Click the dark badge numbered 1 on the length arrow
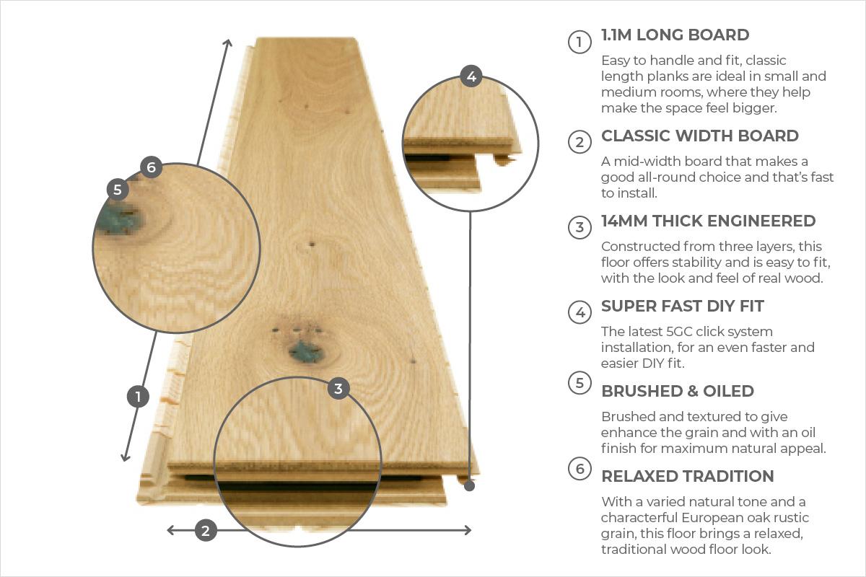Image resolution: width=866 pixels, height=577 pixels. (138, 396)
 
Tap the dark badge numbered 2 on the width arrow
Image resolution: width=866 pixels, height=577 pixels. (206, 530)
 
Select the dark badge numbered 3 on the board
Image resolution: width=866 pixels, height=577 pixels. (338, 389)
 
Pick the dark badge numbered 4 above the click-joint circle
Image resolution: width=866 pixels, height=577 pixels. (471, 76)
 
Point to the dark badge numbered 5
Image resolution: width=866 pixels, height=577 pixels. (118, 190)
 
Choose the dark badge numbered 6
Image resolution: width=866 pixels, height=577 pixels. (151, 167)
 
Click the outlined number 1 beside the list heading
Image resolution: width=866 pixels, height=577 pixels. (579, 42)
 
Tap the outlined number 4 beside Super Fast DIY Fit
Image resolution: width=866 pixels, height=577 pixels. (579, 312)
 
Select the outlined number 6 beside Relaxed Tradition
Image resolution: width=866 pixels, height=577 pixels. (579, 468)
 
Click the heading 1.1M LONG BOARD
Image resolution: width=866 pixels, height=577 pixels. (675, 35)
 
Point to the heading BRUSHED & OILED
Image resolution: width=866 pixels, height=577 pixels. (678, 391)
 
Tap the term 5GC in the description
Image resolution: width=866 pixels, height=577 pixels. (681, 331)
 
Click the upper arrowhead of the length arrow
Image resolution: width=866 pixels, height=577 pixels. (229, 43)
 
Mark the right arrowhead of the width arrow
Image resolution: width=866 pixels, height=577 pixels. (468, 530)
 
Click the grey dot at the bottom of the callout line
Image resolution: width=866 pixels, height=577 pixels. (469, 486)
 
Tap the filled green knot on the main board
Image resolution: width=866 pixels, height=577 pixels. (306, 352)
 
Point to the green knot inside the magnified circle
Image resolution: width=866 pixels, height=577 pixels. (118, 220)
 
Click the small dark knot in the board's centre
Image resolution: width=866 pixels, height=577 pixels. (312, 245)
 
